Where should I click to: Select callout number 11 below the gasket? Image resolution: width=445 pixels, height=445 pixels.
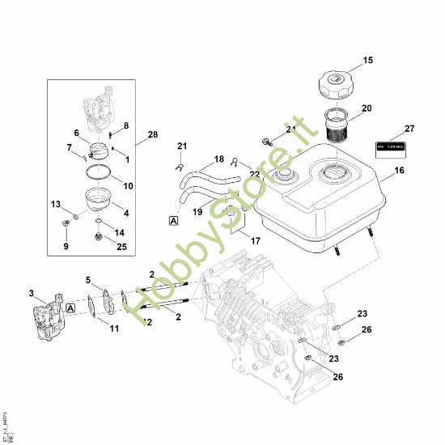point(114,328)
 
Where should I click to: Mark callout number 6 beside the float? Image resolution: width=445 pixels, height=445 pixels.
point(77,133)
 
